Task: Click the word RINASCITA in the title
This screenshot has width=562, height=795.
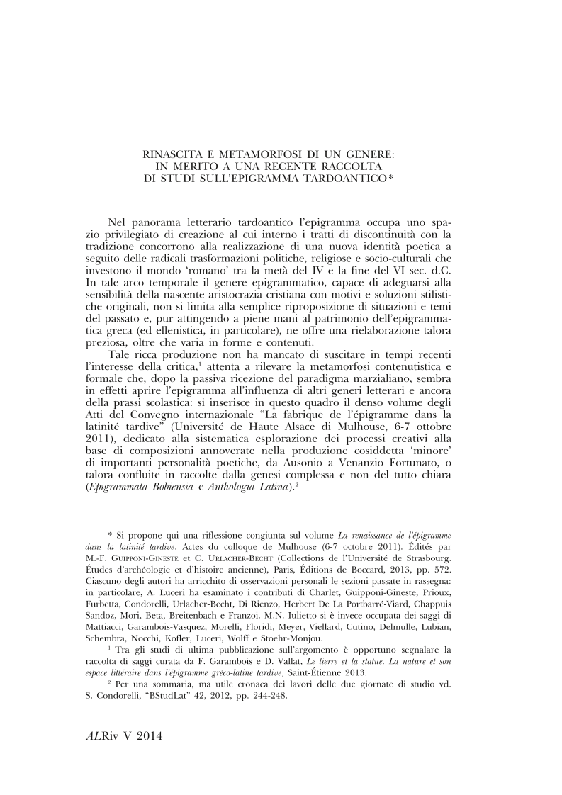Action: click(169, 152)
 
